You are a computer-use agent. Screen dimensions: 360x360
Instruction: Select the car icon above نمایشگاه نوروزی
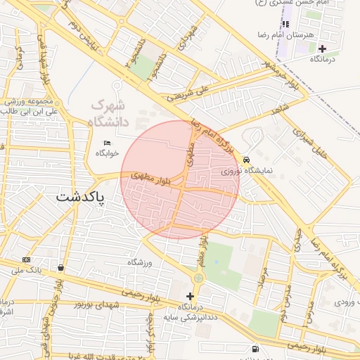tap(245, 160)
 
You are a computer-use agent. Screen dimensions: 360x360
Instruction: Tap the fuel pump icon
tap(254, 349)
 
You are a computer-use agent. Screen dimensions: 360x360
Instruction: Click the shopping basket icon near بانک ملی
tap(62, 268)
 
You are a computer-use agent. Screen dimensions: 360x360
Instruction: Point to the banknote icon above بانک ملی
tap(27, 259)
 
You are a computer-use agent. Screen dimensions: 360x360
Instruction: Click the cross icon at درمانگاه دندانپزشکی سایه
tap(190, 296)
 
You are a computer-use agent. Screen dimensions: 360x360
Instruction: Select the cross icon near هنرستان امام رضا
tap(322, 49)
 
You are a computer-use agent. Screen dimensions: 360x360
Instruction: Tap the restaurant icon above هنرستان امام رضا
tap(285, 24)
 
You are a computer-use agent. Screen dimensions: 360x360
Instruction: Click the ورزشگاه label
tap(139, 262)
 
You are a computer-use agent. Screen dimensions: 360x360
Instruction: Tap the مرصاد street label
tap(262, 278)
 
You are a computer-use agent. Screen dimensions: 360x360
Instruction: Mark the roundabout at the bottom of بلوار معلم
tap(198, 278)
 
